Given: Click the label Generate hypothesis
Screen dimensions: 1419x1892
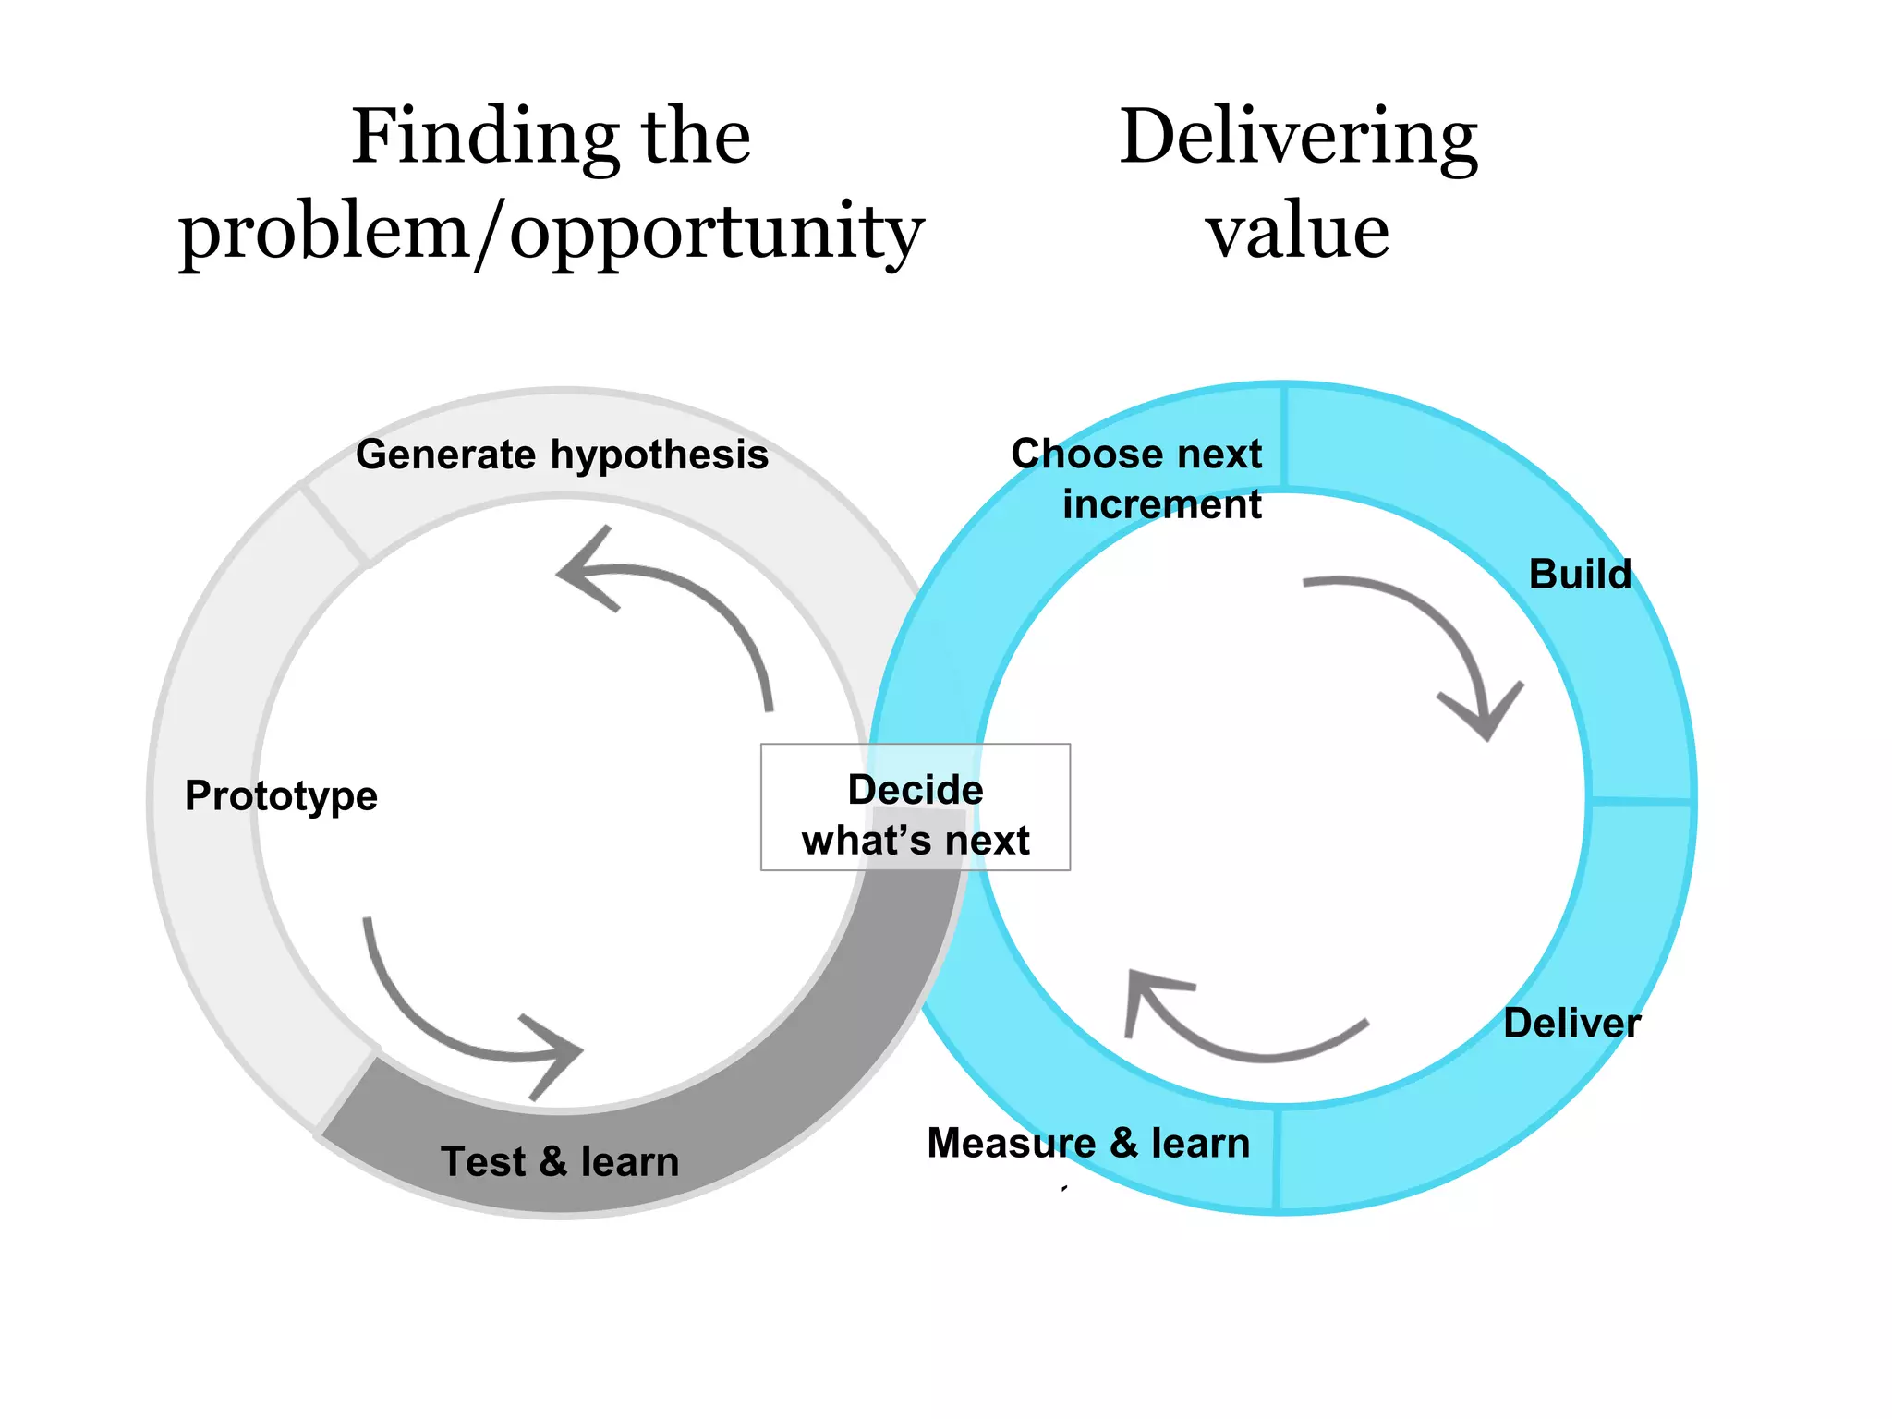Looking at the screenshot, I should pyautogui.click(x=562, y=455).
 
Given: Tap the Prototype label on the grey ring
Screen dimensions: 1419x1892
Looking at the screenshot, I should pyautogui.click(x=281, y=795).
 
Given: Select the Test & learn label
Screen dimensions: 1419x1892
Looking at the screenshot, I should pyautogui.click(x=560, y=1161).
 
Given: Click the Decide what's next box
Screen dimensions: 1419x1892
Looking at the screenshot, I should pyautogui.click(x=915, y=807).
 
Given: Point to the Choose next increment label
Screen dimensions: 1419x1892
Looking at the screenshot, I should pyautogui.click(x=1138, y=479).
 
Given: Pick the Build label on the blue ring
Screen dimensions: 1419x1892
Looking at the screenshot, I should pyautogui.click(x=1580, y=574).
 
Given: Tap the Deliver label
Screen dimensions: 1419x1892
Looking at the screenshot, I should pyautogui.click(x=1571, y=1023).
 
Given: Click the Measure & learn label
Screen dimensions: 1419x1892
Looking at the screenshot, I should pyautogui.click(x=1088, y=1143).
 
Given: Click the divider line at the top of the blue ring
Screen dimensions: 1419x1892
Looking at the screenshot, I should pyautogui.click(x=1285, y=436).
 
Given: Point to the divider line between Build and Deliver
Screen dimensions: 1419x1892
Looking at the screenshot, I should pyautogui.click(x=1641, y=800).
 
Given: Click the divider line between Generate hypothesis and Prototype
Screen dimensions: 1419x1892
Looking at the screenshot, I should pyautogui.click(x=334, y=524).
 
